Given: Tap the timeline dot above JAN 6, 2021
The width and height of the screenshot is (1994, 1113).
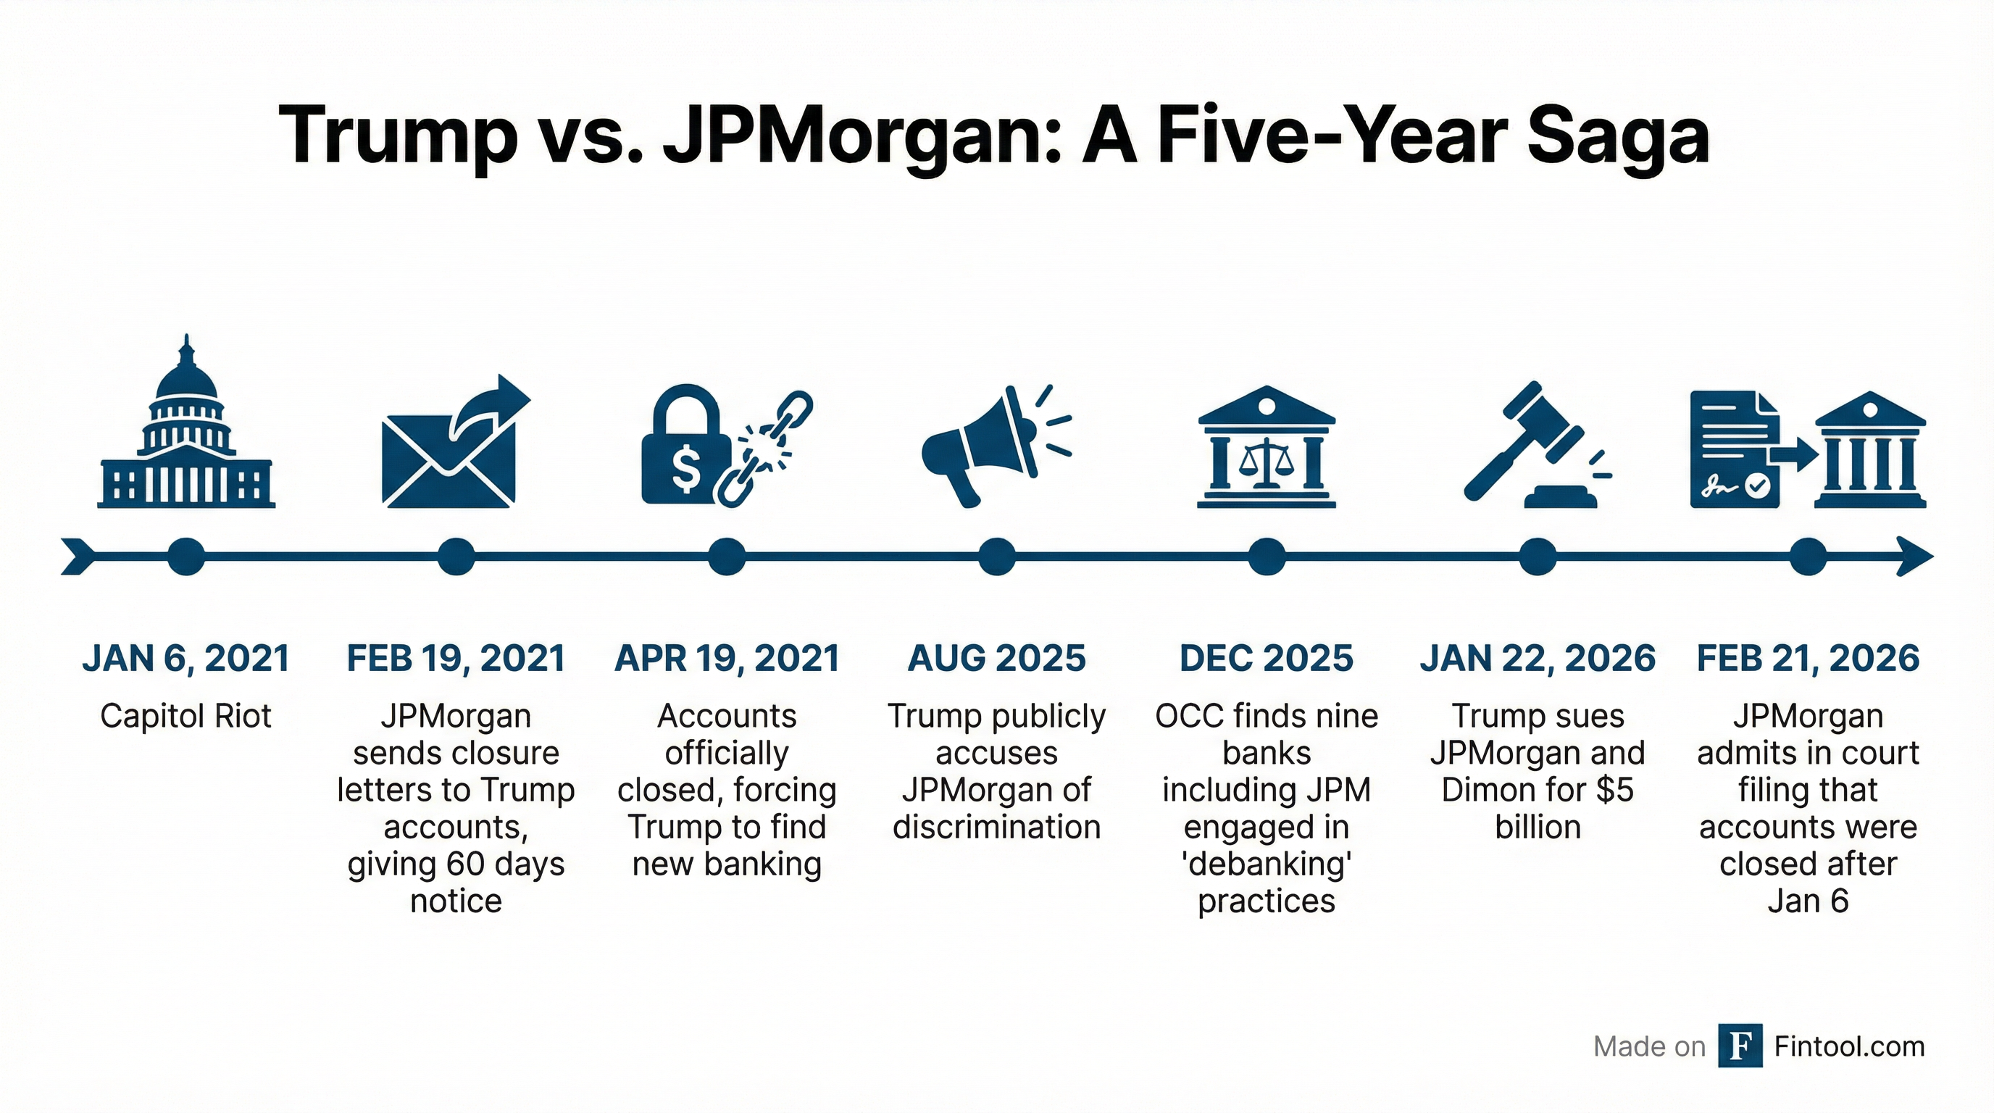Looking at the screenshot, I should pyautogui.click(x=185, y=556).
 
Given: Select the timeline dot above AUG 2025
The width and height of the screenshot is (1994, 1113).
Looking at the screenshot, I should pyautogui.click(x=996, y=556).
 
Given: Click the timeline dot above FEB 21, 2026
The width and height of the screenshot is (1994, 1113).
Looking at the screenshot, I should pyautogui.click(x=1809, y=556).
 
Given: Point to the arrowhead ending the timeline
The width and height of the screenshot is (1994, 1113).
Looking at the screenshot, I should pyautogui.click(x=1915, y=556).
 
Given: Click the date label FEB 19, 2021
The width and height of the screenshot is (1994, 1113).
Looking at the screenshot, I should pyautogui.click(x=456, y=659).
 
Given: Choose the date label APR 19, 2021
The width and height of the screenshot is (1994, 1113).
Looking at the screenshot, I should pyautogui.click(x=726, y=659).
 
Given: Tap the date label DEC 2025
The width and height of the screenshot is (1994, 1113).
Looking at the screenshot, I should pyautogui.click(x=1267, y=659).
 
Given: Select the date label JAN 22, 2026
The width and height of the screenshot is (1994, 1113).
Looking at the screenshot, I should pyautogui.click(x=1538, y=659).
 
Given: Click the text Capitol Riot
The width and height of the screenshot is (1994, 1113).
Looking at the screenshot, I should pyautogui.click(x=185, y=716).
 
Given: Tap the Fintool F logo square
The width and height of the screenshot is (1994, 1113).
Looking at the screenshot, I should pyautogui.click(x=1740, y=1046).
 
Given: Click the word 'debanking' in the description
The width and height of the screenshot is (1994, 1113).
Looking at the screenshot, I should pyautogui.click(x=1267, y=864).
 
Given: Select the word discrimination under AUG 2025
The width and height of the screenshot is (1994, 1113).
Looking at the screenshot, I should pyautogui.click(x=996, y=827).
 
